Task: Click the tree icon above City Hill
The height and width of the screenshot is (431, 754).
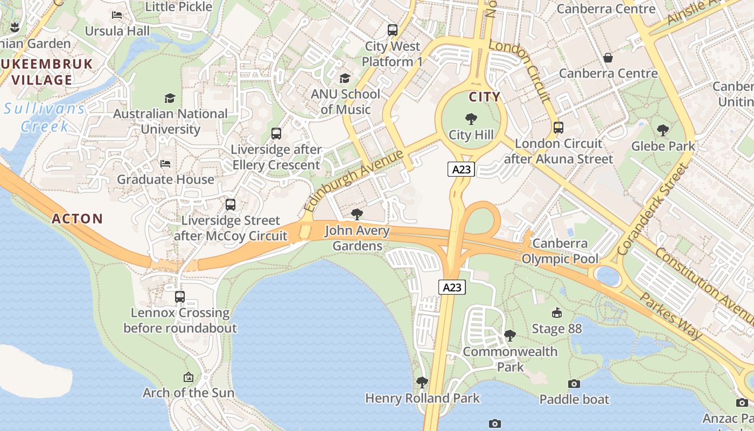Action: pos(471,119)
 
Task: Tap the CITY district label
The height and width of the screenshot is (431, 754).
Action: pos(484,97)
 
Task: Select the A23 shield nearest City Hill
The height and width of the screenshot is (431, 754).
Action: pos(462,169)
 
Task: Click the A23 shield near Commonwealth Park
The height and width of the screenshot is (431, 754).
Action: pos(452,287)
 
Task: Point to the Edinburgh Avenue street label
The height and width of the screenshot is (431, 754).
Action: pos(353,181)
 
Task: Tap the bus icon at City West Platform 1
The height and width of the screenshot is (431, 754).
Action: pos(393,30)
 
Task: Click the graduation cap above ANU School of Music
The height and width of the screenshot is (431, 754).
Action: pos(345,79)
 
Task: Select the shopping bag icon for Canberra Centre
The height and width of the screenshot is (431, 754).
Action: pos(608,57)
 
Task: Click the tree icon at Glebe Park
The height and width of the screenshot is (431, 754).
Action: pos(663,130)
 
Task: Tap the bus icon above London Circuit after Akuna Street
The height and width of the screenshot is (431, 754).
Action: pos(558,128)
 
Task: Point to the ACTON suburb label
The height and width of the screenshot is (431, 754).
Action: pos(77,219)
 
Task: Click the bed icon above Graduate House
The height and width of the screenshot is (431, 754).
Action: pos(165,164)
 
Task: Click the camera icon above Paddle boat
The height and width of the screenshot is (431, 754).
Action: pos(574,384)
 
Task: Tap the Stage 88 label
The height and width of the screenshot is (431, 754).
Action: pos(557,329)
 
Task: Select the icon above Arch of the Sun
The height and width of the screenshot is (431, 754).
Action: pos(188,377)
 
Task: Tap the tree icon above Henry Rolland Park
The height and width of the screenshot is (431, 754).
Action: pos(422,383)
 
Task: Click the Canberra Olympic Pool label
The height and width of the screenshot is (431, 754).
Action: pos(560,252)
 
